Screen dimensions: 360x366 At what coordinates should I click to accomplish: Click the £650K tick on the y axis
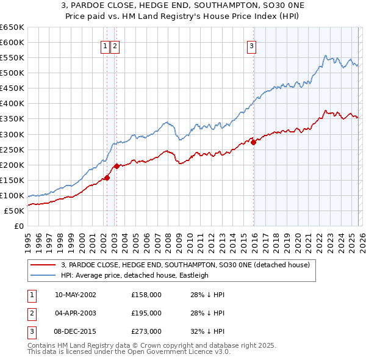coord(12,27)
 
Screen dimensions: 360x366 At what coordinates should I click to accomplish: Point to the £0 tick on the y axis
coord(18,226)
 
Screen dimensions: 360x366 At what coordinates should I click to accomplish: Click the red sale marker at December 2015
coord(253,142)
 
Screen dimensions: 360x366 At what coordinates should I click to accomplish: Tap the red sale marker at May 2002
coord(107,178)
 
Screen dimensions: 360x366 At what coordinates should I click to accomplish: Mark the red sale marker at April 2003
coord(117,166)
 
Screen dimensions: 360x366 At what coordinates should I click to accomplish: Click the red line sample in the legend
coord(43,265)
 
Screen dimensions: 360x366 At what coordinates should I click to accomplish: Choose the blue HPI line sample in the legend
coord(43,275)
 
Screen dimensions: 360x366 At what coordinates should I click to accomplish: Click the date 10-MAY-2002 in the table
coord(75,295)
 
